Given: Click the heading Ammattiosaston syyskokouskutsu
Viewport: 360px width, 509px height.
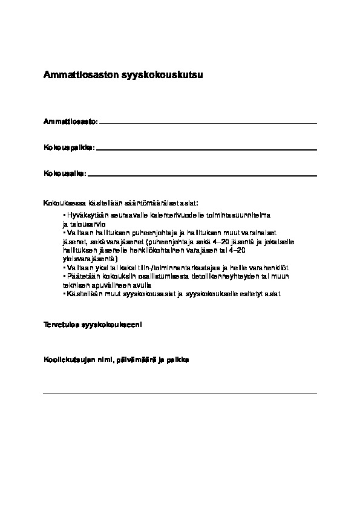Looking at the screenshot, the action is click(x=123, y=76).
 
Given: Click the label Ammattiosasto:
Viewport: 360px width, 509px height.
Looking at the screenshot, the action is click(x=70, y=122).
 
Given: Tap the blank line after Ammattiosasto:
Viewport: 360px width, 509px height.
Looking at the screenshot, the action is click(x=208, y=123).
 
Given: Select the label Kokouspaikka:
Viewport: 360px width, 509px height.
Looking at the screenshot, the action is click(x=69, y=148).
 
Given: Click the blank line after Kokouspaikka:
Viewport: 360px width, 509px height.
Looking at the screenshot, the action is click(x=206, y=149).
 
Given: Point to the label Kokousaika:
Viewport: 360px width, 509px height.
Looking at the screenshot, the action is click(x=65, y=173).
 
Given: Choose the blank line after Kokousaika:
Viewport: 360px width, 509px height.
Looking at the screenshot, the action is click(x=202, y=175).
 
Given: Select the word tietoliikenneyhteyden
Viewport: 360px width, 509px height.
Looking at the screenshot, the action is click(x=217, y=276).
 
